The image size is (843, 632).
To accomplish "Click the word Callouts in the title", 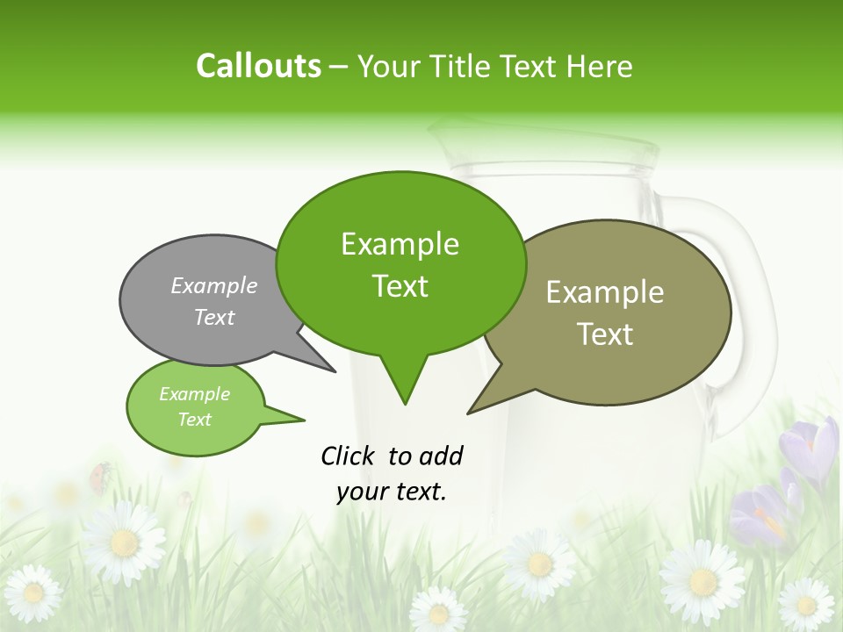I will click(258, 66).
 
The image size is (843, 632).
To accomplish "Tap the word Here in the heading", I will click(599, 67).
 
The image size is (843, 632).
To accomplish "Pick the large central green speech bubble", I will click(400, 263).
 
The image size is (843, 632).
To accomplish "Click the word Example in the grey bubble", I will click(214, 286).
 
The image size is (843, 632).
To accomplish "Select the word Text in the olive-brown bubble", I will click(605, 334).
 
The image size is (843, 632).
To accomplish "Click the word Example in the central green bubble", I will click(400, 244).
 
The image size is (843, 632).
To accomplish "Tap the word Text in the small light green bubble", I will click(194, 420).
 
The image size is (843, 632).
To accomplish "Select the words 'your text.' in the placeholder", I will click(391, 492).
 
